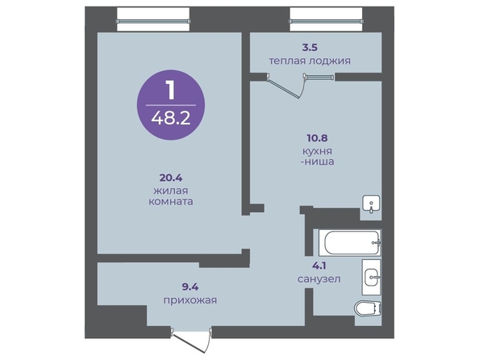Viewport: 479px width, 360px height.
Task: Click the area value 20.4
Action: [x=171, y=178]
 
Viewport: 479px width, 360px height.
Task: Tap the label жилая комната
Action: [x=171, y=196]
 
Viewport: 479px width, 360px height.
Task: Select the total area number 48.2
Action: [x=171, y=118]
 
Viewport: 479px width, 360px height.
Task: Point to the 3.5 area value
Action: [x=310, y=48]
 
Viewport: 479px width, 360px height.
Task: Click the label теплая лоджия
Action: [x=310, y=61]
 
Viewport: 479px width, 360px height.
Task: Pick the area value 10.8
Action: [x=317, y=138]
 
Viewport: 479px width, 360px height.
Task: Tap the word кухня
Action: [x=317, y=151]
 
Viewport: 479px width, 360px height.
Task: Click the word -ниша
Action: [x=317, y=161]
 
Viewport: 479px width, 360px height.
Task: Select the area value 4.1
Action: [x=319, y=266]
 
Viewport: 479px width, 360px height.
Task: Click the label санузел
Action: [x=319, y=278]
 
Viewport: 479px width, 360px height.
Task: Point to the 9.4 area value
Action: [x=190, y=287]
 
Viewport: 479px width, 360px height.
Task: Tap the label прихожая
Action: [x=190, y=300]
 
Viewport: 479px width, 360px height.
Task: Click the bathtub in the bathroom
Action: [x=350, y=242]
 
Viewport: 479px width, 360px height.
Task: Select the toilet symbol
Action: [x=368, y=308]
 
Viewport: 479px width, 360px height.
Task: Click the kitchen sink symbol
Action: [x=371, y=204]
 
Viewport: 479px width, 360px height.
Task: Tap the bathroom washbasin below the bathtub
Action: [x=372, y=277]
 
